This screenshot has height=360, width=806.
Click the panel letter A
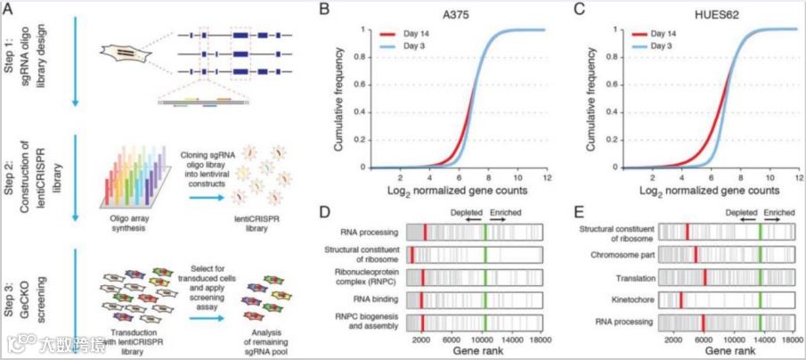[12, 10]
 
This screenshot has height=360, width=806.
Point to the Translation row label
[632, 277]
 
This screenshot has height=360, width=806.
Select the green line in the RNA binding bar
[484, 300]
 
